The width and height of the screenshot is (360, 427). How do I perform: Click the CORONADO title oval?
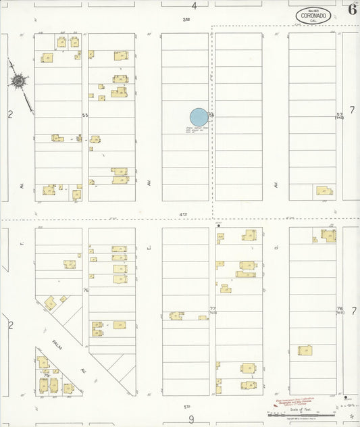[x=313, y=16]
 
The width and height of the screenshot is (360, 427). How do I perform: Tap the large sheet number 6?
[x=353, y=9]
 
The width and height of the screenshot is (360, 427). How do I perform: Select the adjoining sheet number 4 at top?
[x=194, y=6]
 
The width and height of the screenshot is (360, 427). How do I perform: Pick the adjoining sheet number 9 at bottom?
[x=192, y=419]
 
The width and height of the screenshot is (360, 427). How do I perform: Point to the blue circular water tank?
[x=199, y=118]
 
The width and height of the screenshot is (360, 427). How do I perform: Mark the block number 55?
[x=85, y=116]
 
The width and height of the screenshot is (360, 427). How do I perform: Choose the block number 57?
[x=340, y=116]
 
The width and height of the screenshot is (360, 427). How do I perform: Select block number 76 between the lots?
[x=86, y=291]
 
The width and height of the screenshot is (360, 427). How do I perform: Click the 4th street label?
[x=183, y=214]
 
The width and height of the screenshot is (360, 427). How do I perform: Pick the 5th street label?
[x=186, y=407]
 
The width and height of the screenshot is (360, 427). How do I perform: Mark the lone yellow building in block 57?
[x=324, y=191]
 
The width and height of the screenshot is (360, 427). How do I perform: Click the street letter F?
[x=22, y=238]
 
